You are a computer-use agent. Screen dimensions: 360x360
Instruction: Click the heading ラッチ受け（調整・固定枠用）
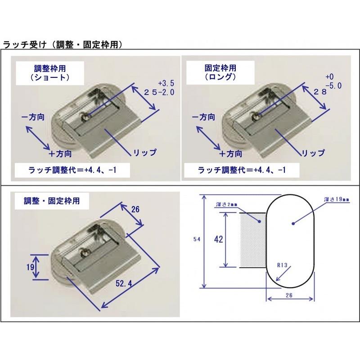63,45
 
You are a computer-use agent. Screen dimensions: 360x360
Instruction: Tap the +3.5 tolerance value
166,84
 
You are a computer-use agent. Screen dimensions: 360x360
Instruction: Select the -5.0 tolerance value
334,85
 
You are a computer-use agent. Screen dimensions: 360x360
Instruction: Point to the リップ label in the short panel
144,153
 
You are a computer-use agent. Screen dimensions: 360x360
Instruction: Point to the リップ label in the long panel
313,153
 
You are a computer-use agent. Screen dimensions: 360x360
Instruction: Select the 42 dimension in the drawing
218,239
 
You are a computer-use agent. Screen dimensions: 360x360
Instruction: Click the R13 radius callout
282,265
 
